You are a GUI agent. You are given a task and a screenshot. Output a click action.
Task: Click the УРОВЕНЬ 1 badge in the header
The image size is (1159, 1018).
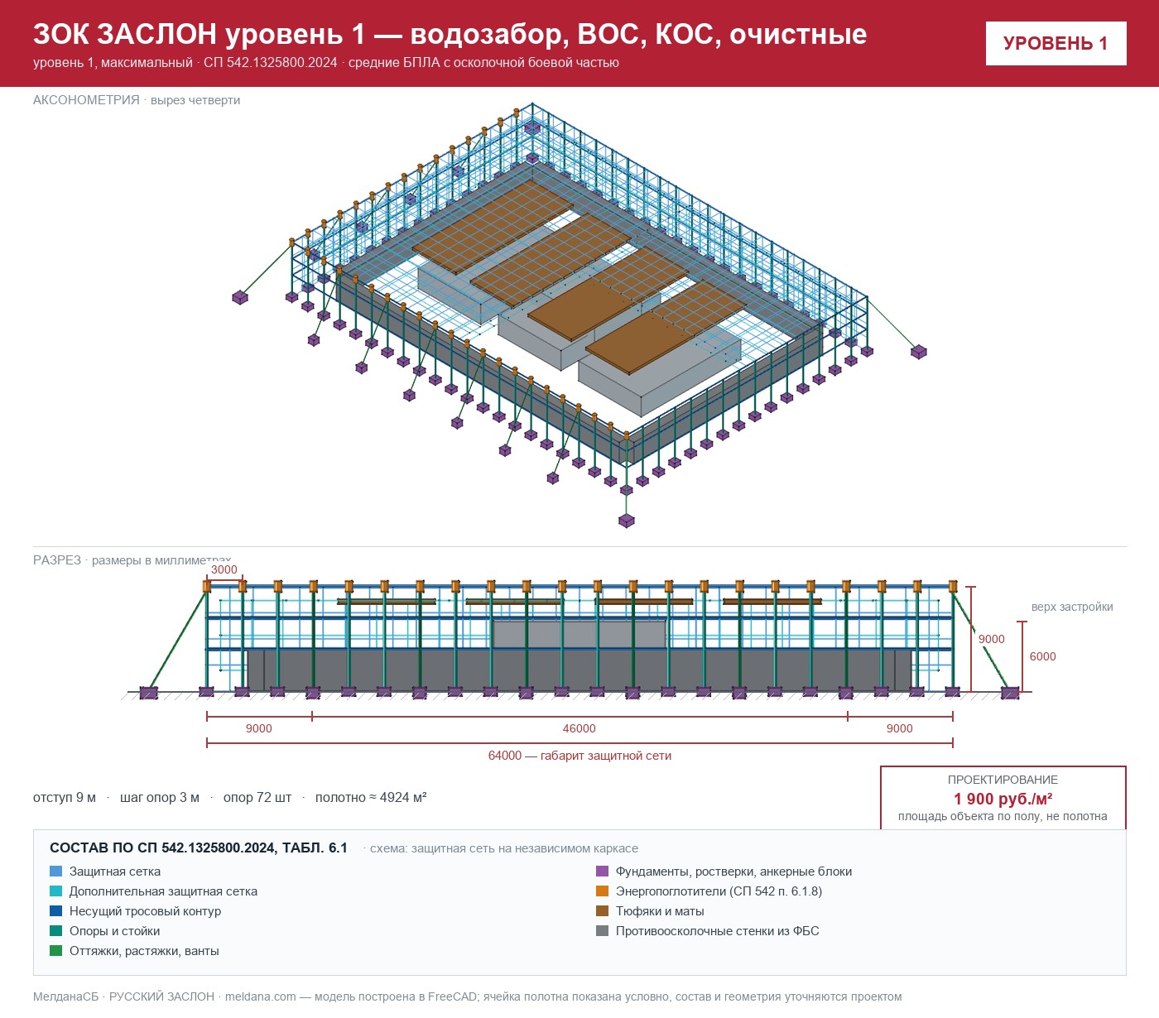point(1056,44)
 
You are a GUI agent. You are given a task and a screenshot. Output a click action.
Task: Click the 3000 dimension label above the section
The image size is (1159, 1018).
point(224,569)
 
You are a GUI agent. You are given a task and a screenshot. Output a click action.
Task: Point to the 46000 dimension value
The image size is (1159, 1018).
point(579,728)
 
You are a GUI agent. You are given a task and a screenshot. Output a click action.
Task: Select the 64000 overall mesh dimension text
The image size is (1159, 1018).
point(579,756)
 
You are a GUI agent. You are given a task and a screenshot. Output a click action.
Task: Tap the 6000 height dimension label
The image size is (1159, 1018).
point(1042,656)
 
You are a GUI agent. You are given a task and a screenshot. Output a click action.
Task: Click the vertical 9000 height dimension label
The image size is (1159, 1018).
point(992,639)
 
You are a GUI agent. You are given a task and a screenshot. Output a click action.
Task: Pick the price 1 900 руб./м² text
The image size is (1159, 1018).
point(1003,799)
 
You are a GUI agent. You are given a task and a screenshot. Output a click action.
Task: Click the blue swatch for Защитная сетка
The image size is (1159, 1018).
point(56,871)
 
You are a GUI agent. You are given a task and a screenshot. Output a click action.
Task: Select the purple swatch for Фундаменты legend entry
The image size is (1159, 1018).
point(602,871)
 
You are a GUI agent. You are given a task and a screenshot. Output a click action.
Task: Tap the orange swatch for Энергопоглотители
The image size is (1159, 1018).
point(602,891)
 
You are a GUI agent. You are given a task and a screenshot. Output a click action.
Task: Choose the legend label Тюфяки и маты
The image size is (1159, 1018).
point(660,911)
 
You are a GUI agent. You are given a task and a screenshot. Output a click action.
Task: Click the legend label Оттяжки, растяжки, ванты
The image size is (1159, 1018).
point(144,950)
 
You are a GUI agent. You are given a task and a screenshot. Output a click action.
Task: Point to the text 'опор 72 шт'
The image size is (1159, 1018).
point(257,797)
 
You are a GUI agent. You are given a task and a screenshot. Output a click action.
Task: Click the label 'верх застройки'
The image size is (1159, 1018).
point(1072,607)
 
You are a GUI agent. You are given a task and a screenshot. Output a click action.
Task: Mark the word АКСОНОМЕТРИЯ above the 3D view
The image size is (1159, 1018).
point(86,100)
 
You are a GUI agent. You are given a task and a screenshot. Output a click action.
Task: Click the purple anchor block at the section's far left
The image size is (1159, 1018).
point(149,693)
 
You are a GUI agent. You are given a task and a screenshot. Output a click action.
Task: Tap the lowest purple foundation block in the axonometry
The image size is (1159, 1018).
point(627,521)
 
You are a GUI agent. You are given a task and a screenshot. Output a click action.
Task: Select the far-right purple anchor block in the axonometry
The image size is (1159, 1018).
point(919,352)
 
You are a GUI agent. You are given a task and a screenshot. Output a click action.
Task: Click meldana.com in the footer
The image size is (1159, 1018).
point(260,996)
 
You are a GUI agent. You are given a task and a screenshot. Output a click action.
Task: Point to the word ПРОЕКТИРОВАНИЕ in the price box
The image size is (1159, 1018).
point(1003,780)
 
